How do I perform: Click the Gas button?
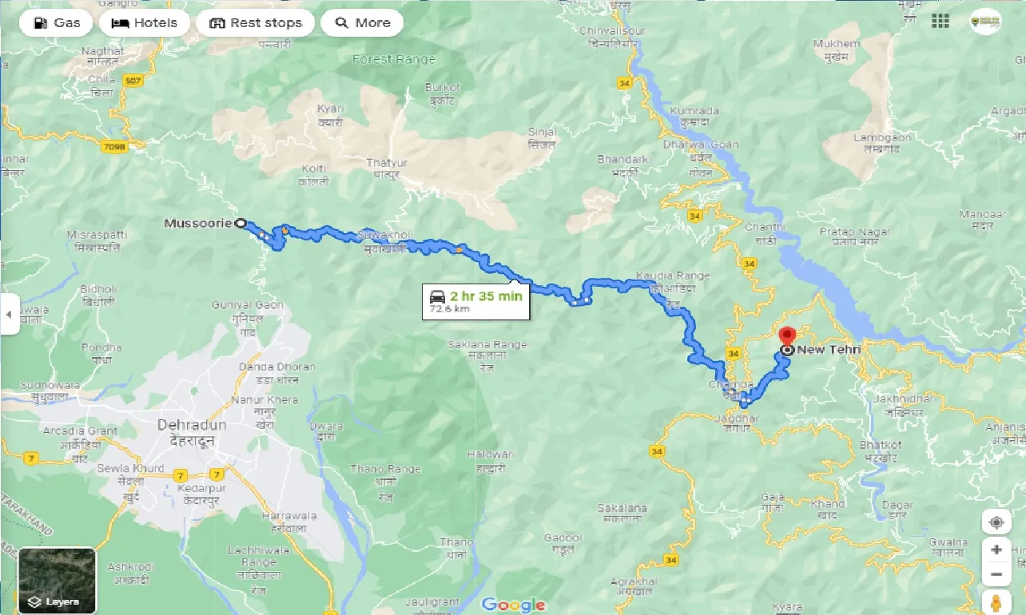56,23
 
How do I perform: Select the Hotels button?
145,23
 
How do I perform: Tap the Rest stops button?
256,23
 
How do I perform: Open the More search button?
362,23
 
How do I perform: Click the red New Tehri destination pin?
788,337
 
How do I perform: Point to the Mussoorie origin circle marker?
241,224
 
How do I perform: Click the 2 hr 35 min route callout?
475,301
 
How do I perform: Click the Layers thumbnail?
57,581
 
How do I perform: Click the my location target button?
996,523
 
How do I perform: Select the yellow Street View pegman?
996,601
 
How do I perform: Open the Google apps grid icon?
940,22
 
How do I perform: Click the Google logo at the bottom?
513,605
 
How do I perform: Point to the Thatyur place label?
387,163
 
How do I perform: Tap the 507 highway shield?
131,79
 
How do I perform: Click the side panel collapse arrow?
9,315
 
